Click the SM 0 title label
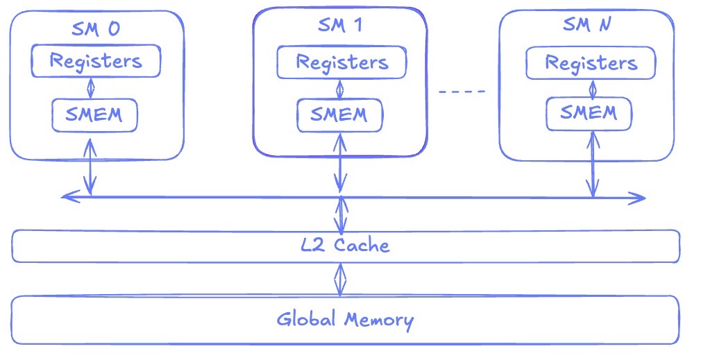point(96,29)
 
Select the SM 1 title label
point(339,26)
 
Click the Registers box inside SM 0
point(96,61)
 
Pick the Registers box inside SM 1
point(341,62)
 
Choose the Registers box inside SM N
point(591,64)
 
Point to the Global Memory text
point(345,320)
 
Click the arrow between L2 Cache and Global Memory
point(339,279)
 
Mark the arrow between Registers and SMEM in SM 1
point(340,89)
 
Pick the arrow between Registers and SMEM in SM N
point(592,89)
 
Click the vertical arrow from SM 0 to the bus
point(90,166)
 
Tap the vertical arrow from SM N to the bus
point(593,169)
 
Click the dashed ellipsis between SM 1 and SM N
point(463,91)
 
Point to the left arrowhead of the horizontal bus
point(67,197)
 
